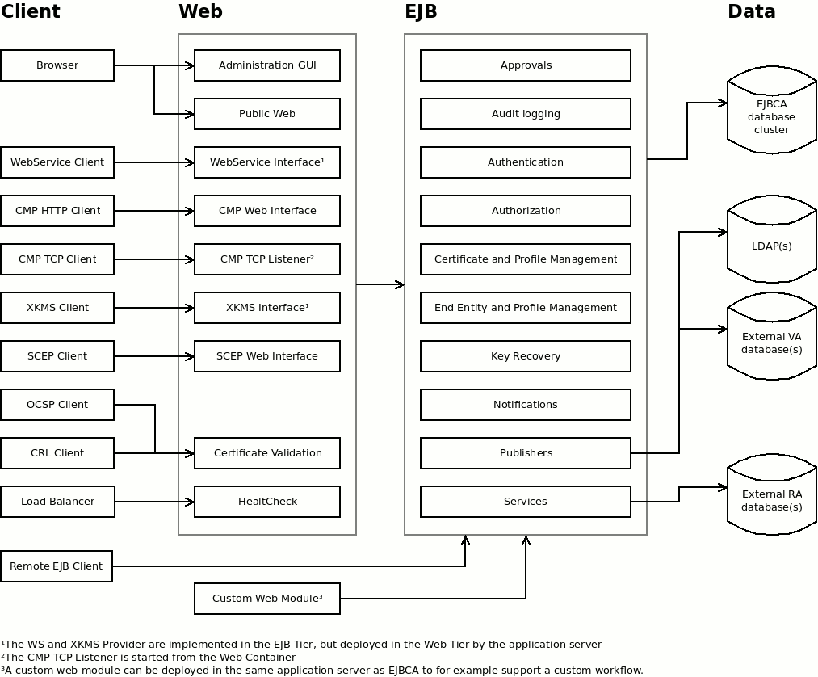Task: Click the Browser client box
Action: (57, 65)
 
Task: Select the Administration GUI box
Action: (267, 65)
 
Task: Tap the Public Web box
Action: (267, 114)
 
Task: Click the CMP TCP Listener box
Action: (267, 259)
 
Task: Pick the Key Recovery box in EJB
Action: (526, 356)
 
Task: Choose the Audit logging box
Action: (526, 114)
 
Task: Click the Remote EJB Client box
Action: (57, 566)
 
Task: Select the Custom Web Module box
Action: (267, 599)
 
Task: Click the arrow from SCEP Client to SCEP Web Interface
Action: (153, 356)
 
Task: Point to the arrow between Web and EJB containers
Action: (380, 284)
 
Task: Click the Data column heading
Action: (751, 11)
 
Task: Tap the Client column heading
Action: (31, 11)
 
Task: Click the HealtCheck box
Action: (267, 502)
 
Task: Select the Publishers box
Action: (526, 453)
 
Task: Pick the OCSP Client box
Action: (57, 405)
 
